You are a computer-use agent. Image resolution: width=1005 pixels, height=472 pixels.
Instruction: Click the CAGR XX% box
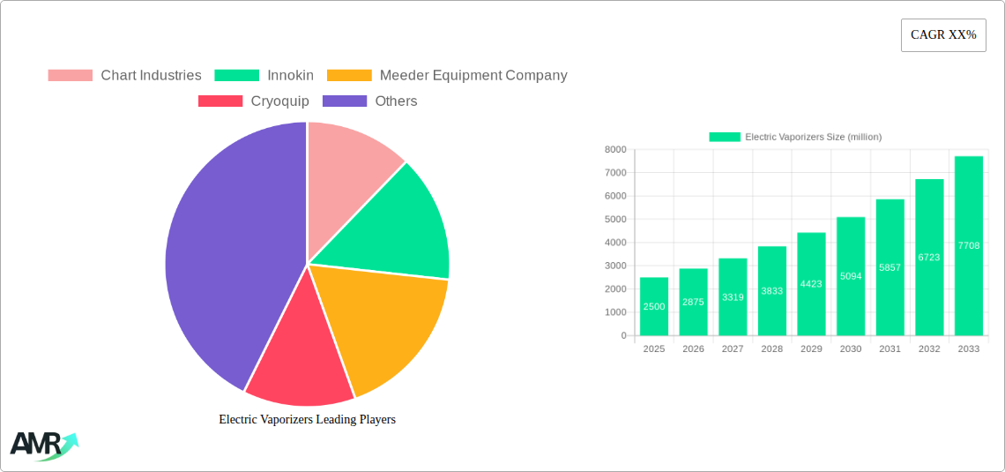943,35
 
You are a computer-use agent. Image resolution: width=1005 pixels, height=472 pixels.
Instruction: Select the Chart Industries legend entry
124,76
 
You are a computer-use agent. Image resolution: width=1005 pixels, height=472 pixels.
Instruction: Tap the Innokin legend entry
264,76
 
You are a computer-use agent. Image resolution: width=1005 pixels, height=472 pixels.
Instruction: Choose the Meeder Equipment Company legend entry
447,76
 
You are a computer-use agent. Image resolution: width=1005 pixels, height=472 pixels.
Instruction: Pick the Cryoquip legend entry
254,101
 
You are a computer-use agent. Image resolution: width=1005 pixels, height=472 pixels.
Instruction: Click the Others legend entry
370,101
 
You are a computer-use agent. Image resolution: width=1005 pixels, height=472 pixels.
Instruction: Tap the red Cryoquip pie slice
300,362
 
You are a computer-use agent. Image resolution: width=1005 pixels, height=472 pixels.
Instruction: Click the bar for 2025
654,306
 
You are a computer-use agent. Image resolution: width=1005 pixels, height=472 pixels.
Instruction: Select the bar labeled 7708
968,245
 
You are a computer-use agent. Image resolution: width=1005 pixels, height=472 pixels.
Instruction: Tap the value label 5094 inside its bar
851,276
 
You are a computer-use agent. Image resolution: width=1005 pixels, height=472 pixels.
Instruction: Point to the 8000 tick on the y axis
614,150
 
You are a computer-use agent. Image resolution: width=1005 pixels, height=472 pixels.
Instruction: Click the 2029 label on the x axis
811,349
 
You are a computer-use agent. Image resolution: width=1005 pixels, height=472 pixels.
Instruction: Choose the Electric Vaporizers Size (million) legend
795,137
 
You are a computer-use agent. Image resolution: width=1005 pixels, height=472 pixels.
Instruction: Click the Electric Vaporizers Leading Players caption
307,420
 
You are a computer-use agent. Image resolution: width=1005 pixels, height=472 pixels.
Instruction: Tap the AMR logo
42,446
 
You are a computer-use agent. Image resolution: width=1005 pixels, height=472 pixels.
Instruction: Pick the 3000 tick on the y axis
614,266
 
